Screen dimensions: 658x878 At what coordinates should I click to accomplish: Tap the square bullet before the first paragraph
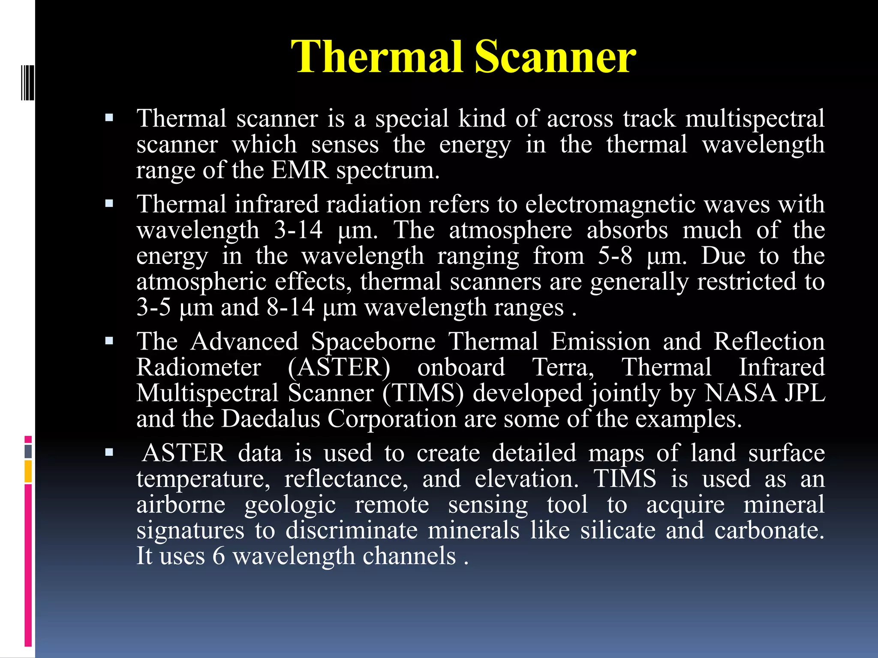[x=109, y=117]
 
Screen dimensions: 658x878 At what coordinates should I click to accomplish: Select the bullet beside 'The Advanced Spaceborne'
[x=109, y=341]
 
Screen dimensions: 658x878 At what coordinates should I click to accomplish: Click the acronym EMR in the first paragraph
[x=300, y=170]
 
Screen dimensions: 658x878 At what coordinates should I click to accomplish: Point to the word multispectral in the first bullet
[x=755, y=118]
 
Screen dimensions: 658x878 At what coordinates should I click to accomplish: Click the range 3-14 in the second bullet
[x=298, y=230]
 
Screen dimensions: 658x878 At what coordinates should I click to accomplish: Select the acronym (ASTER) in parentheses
[x=339, y=367]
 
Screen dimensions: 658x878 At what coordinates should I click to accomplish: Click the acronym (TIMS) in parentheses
[x=423, y=393]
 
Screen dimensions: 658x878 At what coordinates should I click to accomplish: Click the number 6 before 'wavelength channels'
[x=219, y=556]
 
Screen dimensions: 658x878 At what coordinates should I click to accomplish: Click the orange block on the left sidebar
[x=28, y=471]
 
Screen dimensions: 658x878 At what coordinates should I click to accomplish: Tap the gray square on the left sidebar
[x=28, y=451]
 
